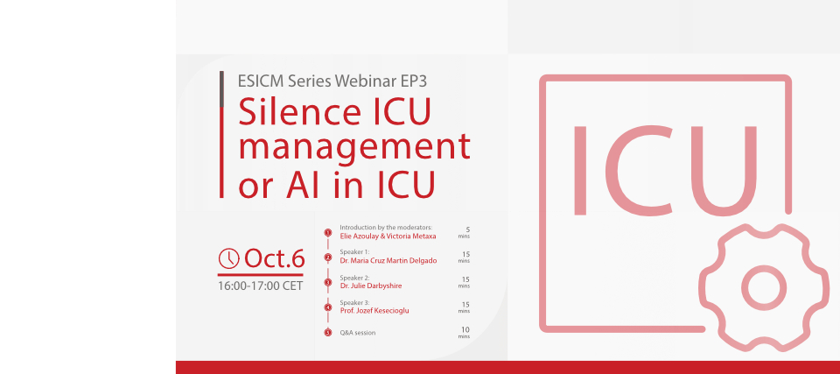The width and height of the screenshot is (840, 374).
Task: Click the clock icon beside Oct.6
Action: pyautogui.click(x=228, y=258)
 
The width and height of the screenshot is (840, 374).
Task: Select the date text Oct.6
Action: pyautogui.click(x=274, y=258)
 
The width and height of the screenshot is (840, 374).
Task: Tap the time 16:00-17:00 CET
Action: pyautogui.click(x=261, y=286)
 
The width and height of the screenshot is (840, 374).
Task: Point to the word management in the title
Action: pyautogui.click(x=354, y=147)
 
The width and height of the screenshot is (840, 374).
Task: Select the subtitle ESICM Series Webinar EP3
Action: pyautogui.click(x=332, y=81)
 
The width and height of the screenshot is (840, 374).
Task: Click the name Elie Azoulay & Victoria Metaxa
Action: pyautogui.click(x=388, y=236)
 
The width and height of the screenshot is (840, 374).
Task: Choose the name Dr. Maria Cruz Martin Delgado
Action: pyautogui.click(x=388, y=261)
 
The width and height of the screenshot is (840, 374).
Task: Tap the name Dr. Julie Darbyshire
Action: pyautogui.click(x=371, y=286)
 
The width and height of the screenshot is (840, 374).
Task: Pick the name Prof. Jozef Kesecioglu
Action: pyautogui.click(x=374, y=311)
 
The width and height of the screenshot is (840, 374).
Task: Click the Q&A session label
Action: pyautogui.click(x=358, y=333)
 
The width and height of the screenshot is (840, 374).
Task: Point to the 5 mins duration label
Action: pyautogui.click(x=464, y=232)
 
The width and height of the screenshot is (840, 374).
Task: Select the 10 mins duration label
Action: pyautogui.click(x=464, y=333)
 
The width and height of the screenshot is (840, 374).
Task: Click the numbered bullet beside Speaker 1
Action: pyautogui.click(x=328, y=258)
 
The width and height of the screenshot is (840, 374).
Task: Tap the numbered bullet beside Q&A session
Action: pyautogui.click(x=328, y=333)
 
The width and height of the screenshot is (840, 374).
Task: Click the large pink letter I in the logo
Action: pyautogui.click(x=579, y=171)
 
